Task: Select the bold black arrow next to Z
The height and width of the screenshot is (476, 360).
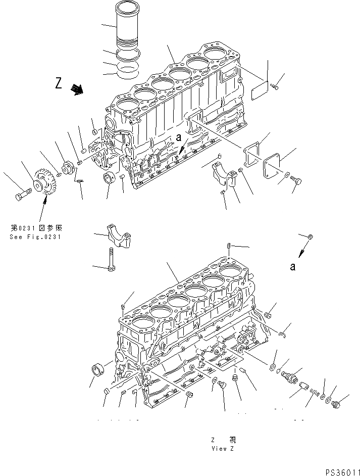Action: click(x=78, y=89)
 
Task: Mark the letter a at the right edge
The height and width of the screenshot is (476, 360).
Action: click(x=292, y=267)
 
